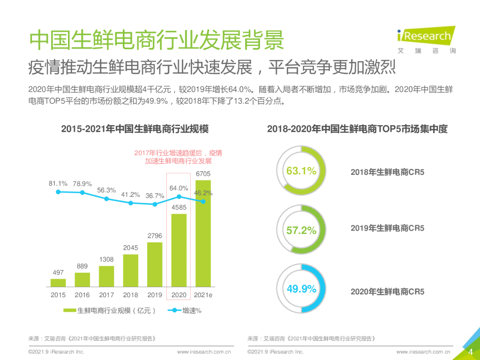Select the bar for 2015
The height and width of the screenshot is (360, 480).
point(58,282)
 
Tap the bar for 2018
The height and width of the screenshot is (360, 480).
point(131,270)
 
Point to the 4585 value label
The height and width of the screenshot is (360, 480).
point(179,207)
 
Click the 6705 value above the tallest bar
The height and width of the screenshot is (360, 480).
point(203,174)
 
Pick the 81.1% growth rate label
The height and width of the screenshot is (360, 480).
point(58,183)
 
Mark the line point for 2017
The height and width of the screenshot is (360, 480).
point(106,199)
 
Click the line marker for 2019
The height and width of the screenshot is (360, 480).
point(155,204)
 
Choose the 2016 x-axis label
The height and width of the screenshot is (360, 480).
point(82,295)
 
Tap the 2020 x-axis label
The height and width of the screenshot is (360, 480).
point(179,295)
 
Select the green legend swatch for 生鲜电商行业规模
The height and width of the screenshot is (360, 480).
point(69,310)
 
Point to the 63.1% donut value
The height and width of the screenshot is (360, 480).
point(301,171)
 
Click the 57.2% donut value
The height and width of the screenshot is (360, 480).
point(301,231)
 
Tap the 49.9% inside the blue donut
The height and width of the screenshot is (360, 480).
point(301,289)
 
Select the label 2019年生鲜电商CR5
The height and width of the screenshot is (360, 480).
point(387,228)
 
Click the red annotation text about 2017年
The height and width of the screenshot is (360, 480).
point(178,157)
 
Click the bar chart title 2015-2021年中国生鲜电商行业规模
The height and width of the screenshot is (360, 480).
point(135,129)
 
